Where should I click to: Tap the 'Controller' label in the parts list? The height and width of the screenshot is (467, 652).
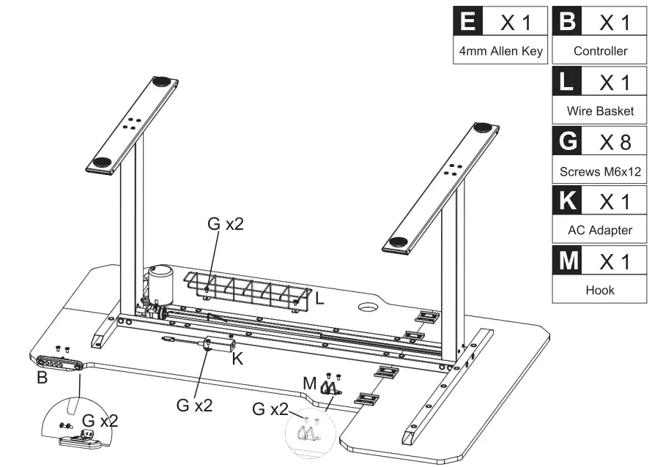point(600,51)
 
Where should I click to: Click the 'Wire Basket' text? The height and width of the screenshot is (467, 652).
point(600,112)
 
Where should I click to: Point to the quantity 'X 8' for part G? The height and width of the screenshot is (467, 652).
point(615,142)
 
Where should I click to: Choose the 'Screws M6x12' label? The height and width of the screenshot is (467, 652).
point(600,171)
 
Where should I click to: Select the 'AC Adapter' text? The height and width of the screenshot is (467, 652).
point(600,230)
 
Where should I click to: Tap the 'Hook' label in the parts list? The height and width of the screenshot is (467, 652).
point(600,290)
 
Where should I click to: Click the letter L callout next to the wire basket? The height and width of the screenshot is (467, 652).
point(319,299)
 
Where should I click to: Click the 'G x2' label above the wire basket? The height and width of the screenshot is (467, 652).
point(225,224)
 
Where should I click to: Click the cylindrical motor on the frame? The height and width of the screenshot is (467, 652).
point(160,282)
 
